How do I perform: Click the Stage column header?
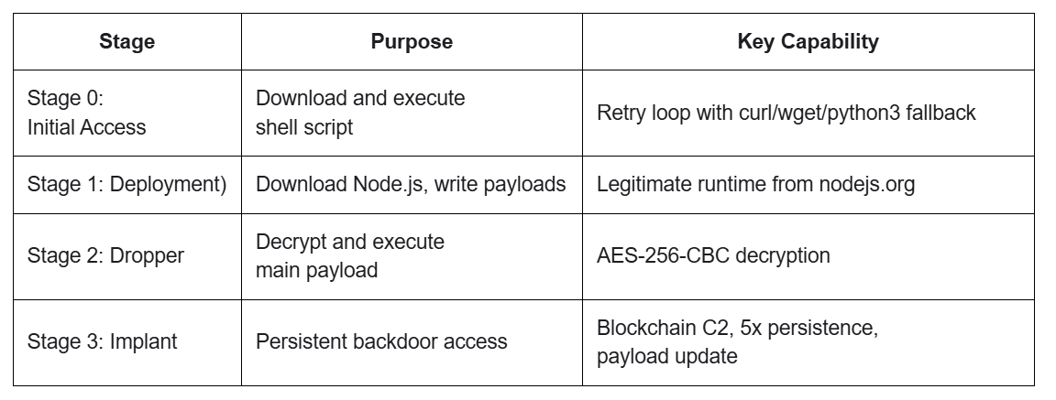tap(126, 42)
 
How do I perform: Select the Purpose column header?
tap(412, 42)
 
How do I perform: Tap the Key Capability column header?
tap(808, 42)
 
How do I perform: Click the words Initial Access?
tap(86, 127)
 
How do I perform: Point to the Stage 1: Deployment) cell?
tap(126, 184)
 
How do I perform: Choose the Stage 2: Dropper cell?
tap(105, 255)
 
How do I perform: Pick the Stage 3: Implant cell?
tap(102, 341)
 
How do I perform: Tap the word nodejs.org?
tap(867, 184)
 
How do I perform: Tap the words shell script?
tap(304, 127)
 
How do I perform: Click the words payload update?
tap(666, 356)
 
